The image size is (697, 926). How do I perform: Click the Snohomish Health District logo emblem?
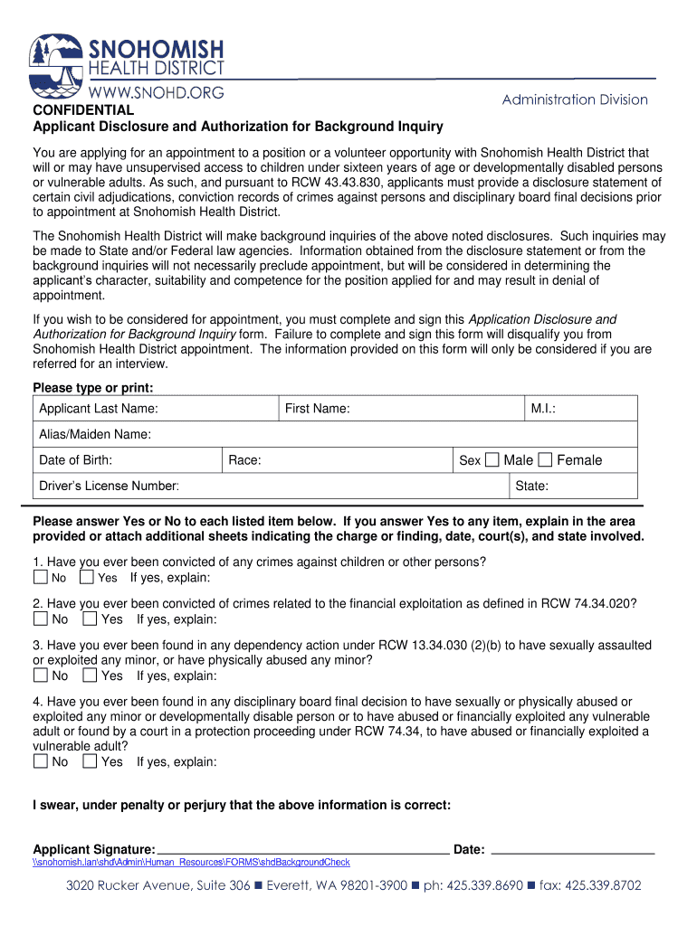[x=57, y=66]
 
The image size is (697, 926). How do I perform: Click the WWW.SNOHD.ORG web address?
[x=156, y=91]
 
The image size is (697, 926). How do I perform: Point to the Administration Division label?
[x=575, y=99]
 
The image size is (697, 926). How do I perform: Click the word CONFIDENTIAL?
[x=83, y=110]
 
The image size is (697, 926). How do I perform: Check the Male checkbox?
[x=492, y=460]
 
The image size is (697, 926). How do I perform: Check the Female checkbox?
[x=545, y=460]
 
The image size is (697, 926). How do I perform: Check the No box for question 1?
[x=41, y=577]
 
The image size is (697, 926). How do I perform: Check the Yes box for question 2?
[x=90, y=619]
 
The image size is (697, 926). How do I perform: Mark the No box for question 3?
[x=41, y=676]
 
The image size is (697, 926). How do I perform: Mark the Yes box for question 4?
[x=90, y=761]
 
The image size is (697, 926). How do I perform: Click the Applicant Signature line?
[x=303, y=849]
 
